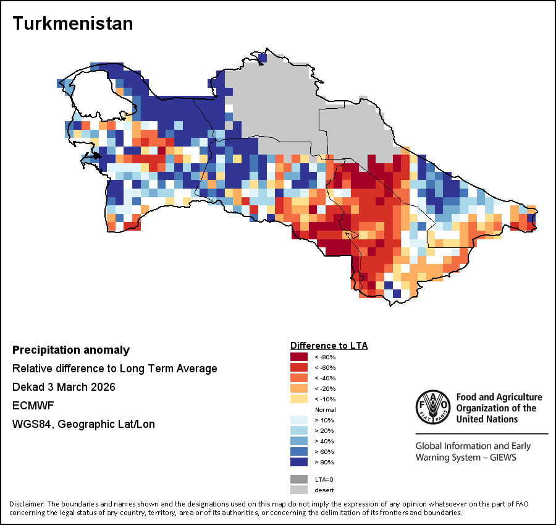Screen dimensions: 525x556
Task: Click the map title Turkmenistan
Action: click(x=73, y=23)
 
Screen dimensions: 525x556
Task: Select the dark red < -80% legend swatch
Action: click(x=299, y=357)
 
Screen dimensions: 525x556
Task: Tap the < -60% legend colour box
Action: click(x=299, y=367)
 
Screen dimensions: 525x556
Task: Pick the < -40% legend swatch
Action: click(x=299, y=378)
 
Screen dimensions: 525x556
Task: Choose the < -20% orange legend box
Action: click(x=299, y=388)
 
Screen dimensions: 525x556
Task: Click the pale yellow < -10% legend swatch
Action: click(x=299, y=399)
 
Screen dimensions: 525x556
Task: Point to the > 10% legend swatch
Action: click(x=299, y=420)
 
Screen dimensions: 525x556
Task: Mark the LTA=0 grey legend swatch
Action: click(x=299, y=479)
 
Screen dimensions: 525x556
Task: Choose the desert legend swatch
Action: click(x=299, y=490)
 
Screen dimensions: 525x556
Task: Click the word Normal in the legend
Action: click(x=325, y=410)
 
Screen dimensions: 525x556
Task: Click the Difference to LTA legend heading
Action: click(x=329, y=345)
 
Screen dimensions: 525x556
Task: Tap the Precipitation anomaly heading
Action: click(x=71, y=350)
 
